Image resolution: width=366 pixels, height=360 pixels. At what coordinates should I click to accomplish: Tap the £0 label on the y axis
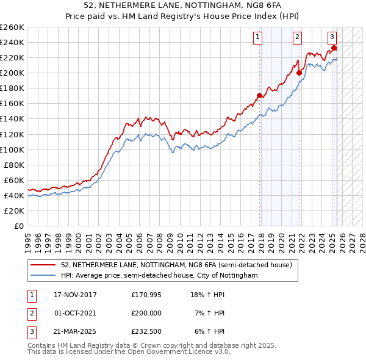coord(18,226)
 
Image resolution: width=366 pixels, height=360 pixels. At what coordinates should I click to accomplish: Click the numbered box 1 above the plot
coord(258,37)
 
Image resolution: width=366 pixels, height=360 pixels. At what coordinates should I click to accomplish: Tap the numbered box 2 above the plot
coord(297,37)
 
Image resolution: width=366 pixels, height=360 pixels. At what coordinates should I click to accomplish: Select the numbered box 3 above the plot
coord(332,37)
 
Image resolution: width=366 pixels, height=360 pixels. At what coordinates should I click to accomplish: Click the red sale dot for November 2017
coord(260,95)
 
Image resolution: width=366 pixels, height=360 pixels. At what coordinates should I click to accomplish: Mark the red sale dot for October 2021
coord(299,73)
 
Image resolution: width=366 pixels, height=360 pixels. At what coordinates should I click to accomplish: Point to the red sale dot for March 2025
coord(334,48)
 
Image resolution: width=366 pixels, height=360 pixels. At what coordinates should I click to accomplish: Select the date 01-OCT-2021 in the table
coord(76,313)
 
